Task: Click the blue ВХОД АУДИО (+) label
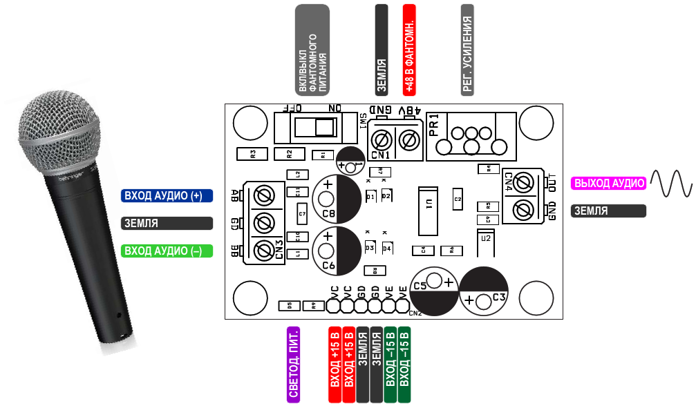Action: point(167,196)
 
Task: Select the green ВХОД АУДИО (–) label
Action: point(167,251)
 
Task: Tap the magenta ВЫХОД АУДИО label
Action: point(609,183)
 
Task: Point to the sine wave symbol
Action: point(670,183)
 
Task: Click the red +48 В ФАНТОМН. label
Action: point(409,50)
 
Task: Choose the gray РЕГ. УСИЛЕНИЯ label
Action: point(467,50)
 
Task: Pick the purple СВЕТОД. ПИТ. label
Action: point(293,365)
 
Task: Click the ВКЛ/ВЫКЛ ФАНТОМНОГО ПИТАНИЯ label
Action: point(312,50)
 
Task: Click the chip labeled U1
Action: point(428,211)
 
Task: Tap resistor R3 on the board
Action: point(252,154)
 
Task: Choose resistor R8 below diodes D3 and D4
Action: point(374,271)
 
